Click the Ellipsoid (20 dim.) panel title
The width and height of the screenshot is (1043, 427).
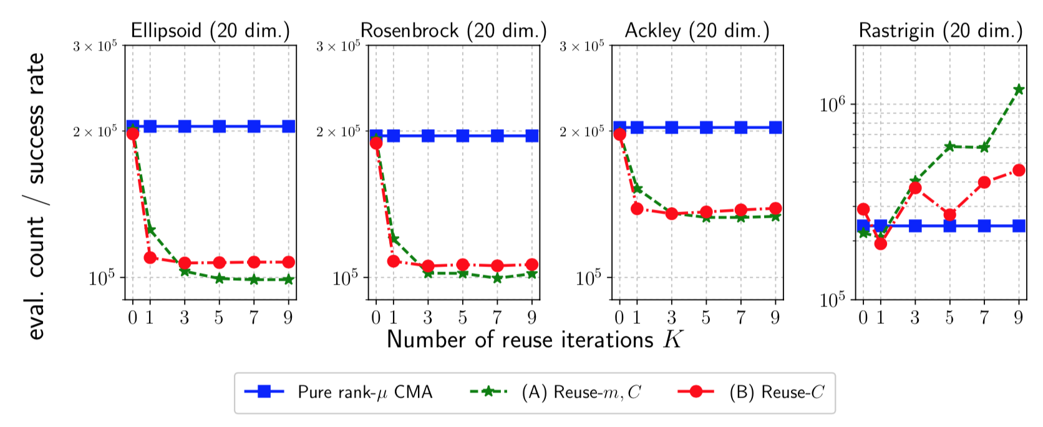[210, 31]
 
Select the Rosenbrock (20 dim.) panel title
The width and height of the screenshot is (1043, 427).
[454, 31]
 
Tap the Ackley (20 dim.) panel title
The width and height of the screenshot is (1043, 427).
[697, 31]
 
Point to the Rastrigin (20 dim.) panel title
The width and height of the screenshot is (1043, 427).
[941, 31]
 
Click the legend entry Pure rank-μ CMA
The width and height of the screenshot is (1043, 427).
[364, 392]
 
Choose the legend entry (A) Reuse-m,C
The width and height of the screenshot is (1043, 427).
[581, 392]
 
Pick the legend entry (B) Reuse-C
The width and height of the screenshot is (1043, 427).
[777, 392]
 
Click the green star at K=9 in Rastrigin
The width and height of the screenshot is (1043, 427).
[1019, 89]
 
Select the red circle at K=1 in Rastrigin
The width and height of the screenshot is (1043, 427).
[880, 243]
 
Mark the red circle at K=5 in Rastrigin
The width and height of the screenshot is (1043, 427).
[949, 215]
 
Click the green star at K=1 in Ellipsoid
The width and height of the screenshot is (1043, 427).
[150, 230]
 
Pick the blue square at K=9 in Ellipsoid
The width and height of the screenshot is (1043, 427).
[288, 126]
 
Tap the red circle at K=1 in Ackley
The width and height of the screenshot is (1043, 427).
[637, 209]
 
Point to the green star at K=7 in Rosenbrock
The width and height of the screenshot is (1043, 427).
[497, 278]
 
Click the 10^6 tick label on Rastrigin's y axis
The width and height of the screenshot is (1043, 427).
[832, 104]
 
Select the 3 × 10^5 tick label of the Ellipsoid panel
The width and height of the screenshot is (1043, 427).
[95, 46]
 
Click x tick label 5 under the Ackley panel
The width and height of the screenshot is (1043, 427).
[706, 318]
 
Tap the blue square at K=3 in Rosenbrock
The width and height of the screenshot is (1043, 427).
[428, 135]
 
